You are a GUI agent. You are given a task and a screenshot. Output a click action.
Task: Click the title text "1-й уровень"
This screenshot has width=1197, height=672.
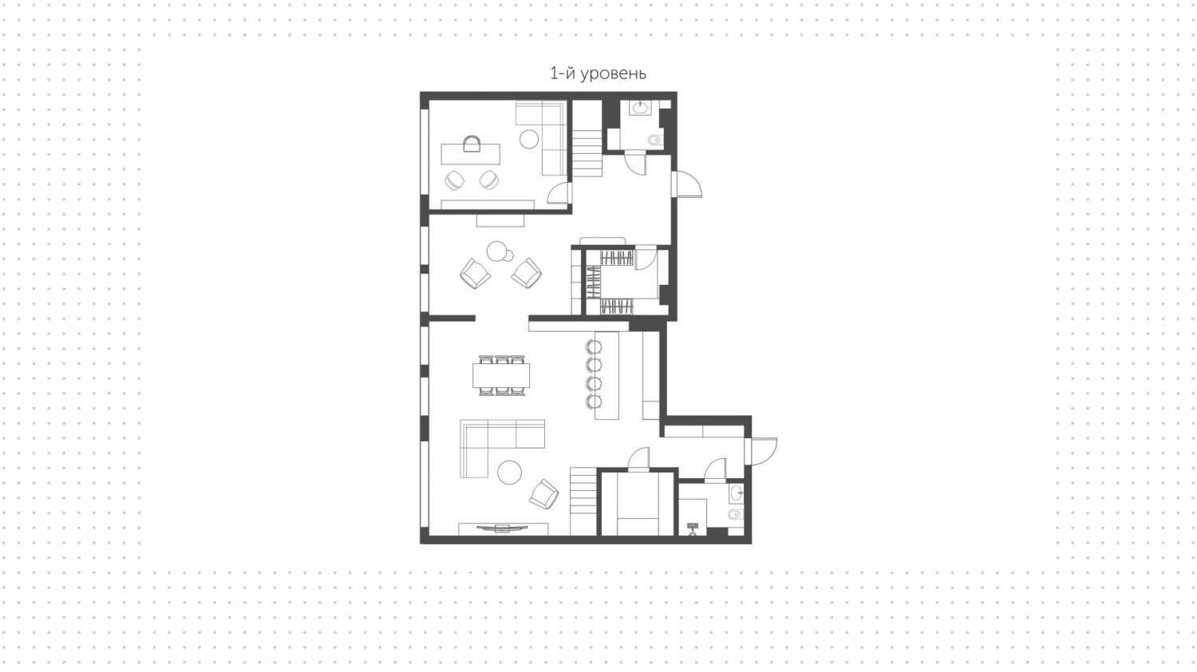[x=598, y=73]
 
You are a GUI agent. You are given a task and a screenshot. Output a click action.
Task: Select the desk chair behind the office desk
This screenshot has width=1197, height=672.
[x=472, y=144]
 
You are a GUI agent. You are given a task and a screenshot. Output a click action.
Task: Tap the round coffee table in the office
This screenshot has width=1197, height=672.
[x=529, y=140]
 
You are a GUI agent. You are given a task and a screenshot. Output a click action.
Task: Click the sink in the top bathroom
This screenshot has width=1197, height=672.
[x=640, y=108]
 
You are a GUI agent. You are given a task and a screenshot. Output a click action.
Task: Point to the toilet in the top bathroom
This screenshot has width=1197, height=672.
[x=654, y=140]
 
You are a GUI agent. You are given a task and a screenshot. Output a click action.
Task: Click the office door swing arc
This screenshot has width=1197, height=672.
[x=559, y=192]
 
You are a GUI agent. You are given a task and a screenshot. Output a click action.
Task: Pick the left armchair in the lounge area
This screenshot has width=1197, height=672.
[x=475, y=274]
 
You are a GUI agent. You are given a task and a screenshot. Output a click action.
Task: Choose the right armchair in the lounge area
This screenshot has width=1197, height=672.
[x=527, y=273]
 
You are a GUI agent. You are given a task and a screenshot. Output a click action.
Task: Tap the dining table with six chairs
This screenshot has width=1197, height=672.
[x=501, y=375]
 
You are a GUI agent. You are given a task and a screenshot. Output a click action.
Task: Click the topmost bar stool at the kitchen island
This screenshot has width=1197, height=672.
[x=594, y=347]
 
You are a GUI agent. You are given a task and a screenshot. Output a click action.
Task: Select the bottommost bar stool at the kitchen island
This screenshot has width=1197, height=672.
[x=594, y=401]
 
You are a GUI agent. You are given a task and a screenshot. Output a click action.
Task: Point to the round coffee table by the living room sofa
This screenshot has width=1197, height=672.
[x=510, y=472]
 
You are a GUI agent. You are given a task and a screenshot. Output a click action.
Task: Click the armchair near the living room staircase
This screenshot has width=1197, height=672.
[x=544, y=494]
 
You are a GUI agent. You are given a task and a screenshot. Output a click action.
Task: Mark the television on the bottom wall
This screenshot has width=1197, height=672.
[x=502, y=528]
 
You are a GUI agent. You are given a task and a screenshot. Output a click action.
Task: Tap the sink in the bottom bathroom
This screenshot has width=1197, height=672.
[x=737, y=493]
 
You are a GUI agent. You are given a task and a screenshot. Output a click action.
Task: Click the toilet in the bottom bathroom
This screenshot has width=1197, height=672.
[x=736, y=515]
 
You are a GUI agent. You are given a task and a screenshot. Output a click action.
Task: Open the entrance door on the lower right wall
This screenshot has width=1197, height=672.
[x=761, y=451]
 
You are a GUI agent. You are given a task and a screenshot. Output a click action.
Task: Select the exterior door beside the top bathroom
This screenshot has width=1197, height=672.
[x=686, y=184]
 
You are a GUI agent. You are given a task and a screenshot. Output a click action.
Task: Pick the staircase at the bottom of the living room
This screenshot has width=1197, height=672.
[x=583, y=501]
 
